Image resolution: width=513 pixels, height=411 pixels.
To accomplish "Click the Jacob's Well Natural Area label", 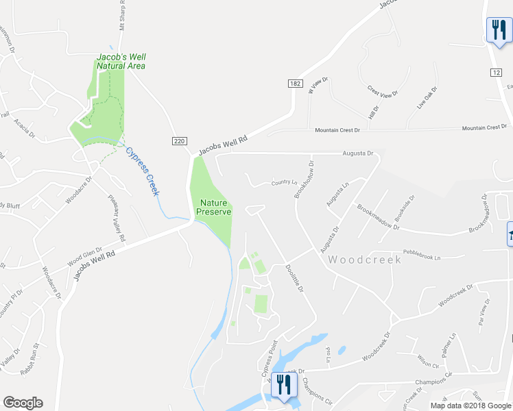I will pyautogui.click(x=121, y=62).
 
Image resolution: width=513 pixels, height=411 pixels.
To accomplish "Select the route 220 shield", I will pyautogui.click(x=178, y=140).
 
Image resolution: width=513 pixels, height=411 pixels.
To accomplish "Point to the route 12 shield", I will pyautogui.click(x=496, y=72).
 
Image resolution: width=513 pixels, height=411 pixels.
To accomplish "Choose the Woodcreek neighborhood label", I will pyautogui.click(x=364, y=260).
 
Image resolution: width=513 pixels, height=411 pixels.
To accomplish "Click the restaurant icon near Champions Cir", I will pyautogui.click(x=282, y=384).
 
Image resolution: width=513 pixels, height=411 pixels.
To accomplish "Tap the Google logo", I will pyautogui.click(x=23, y=403).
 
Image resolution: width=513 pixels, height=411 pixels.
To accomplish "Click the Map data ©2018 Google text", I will pyautogui.click(x=470, y=406).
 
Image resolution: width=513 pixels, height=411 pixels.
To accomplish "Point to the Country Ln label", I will pyautogui.click(x=285, y=182).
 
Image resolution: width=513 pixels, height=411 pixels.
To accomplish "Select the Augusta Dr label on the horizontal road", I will pyautogui.click(x=357, y=153).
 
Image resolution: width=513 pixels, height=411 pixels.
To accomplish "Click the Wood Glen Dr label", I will pyautogui.click(x=84, y=258).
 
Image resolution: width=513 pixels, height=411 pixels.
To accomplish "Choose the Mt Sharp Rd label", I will pyautogui.click(x=122, y=15).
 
